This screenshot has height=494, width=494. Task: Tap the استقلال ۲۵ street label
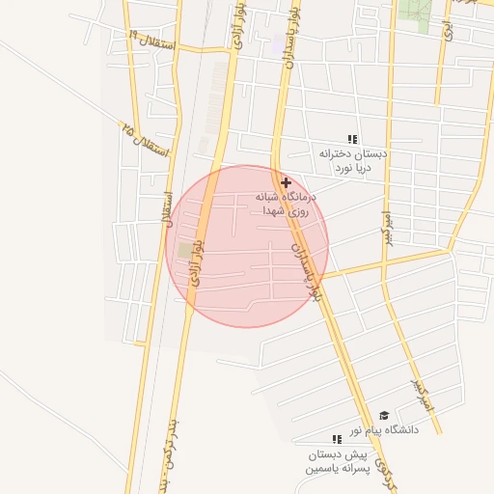(145, 141)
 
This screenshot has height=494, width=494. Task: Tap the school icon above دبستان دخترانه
(353, 139)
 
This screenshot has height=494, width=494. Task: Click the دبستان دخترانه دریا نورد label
(353, 160)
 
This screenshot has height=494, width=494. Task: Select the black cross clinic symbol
(286, 181)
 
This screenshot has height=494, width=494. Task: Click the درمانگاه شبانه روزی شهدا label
(287, 202)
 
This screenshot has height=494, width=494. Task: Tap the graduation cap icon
(384, 415)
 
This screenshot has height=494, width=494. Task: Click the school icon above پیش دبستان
(337, 439)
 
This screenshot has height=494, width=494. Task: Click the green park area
(416, 14)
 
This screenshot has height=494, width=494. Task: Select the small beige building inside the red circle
(183, 251)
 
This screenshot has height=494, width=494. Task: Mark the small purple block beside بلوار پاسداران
(279, 44)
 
